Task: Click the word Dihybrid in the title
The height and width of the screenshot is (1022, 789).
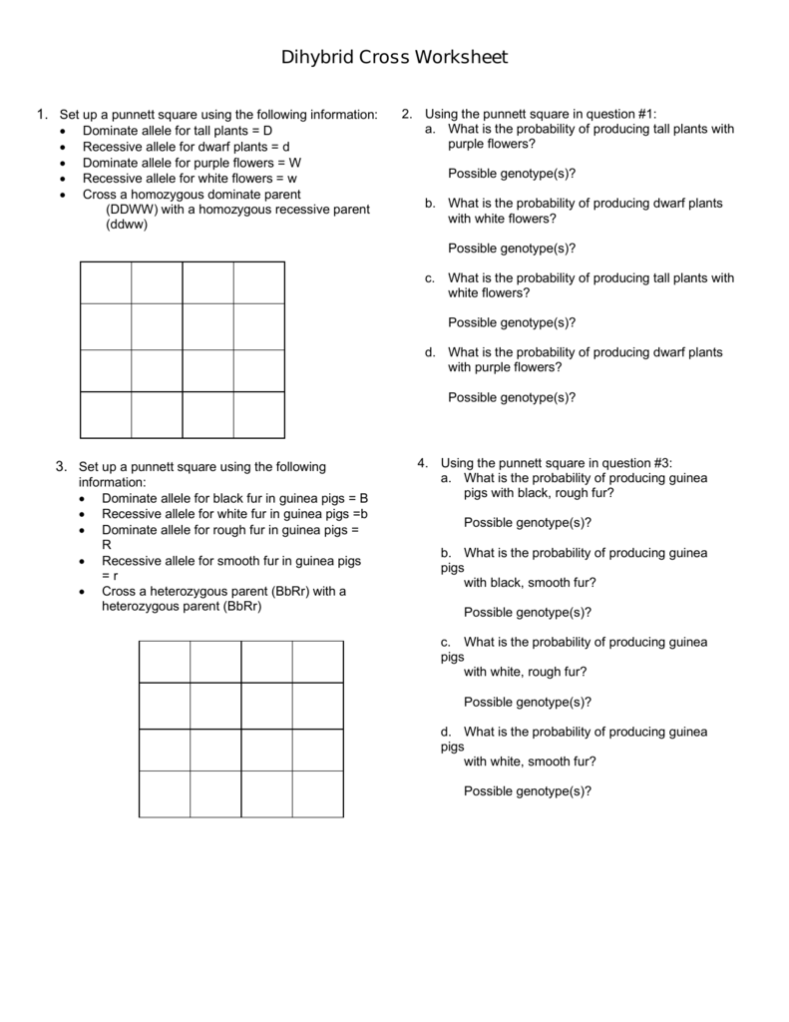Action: pyautogui.click(x=316, y=58)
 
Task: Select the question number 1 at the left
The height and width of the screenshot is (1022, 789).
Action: pyautogui.click(x=40, y=115)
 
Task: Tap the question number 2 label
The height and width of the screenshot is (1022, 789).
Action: pyautogui.click(x=407, y=115)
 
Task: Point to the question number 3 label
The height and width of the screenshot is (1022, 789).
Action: pyautogui.click(x=61, y=466)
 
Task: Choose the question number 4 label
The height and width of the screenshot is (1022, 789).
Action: pyautogui.click(x=423, y=463)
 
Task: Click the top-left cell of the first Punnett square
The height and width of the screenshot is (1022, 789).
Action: pyautogui.click(x=106, y=282)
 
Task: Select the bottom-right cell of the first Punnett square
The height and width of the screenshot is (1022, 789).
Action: pyautogui.click(x=259, y=414)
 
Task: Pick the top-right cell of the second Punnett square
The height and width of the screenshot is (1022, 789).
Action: pyautogui.click(x=318, y=662)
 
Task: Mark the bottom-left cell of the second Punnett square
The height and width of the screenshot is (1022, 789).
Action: pyautogui.click(x=165, y=793)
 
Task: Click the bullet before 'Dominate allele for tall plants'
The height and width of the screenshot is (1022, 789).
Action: pyautogui.click(x=65, y=132)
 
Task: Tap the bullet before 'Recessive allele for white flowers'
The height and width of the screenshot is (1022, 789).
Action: pyautogui.click(x=65, y=179)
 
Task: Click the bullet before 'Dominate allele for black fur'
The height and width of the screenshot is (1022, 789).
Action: pyautogui.click(x=83, y=498)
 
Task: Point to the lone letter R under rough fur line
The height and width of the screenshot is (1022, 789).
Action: pyautogui.click(x=107, y=545)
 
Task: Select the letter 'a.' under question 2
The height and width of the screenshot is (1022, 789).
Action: pyautogui.click(x=430, y=130)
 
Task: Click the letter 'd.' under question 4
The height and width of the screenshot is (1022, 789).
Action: pyautogui.click(x=446, y=732)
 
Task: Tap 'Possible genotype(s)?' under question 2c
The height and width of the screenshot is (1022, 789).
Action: pyautogui.click(x=512, y=322)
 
